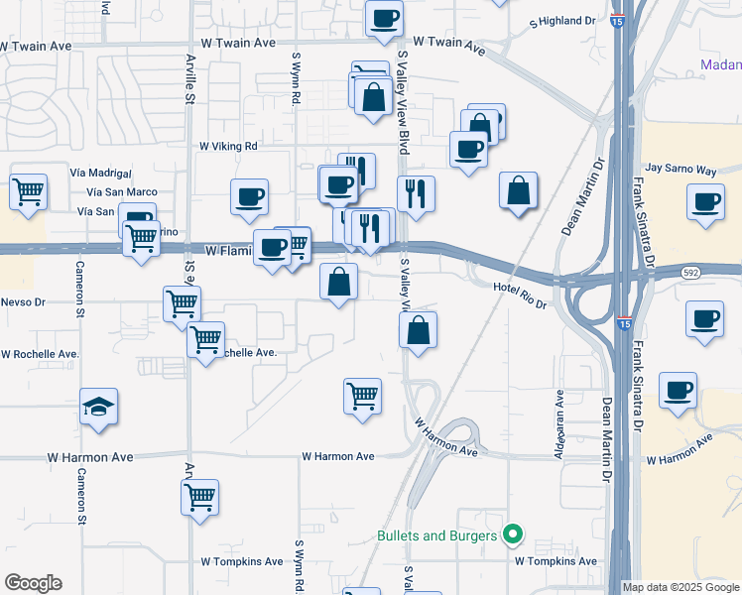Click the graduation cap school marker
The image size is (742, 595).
pyautogui.click(x=99, y=408)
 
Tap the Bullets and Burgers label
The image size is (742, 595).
pyautogui.click(x=436, y=536)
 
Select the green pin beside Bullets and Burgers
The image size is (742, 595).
pyautogui.click(x=513, y=535)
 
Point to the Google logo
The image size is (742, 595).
pyautogui.click(x=33, y=583)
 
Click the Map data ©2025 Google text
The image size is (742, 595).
pyautogui.click(x=680, y=587)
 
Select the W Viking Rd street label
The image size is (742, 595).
pyautogui.click(x=228, y=146)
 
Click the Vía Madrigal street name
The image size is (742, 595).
pyautogui.click(x=101, y=172)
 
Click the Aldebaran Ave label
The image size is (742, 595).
pyautogui.click(x=560, y=424)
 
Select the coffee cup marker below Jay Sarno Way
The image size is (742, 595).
pyautogui.click(x=706, y=202)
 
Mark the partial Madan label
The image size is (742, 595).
pyautogui.click(x=720, y=65)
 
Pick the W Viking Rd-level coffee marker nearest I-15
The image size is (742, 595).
pyautogui.click(x=468, y=150)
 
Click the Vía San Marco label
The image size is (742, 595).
pyautogui.click(x=122, y=191)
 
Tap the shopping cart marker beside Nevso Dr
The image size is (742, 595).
pyautogui.click(x=183, y=303)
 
